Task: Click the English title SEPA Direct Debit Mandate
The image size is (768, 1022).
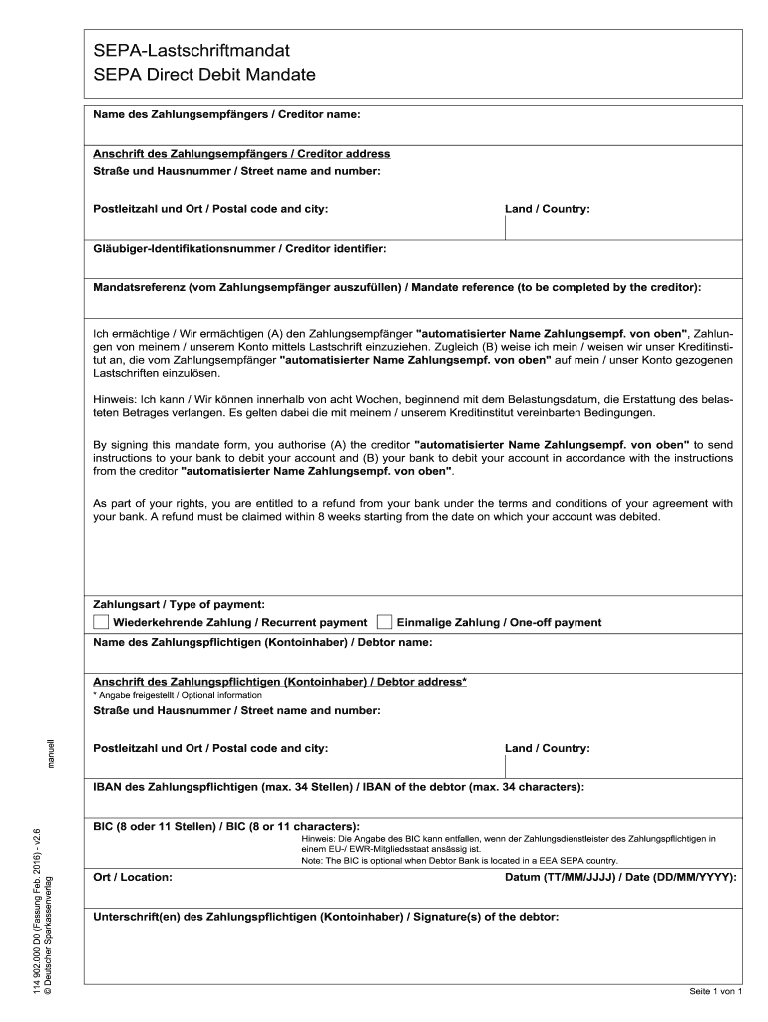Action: [203, 74]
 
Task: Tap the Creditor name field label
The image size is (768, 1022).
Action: [226, 115]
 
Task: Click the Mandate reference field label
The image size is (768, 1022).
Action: [397, 287]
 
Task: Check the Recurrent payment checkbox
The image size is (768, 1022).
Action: [101, 621]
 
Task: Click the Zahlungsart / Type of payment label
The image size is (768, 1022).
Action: [179, 604]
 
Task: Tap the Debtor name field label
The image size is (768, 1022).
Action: [262, 642]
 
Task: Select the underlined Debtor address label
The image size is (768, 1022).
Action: [279, 681]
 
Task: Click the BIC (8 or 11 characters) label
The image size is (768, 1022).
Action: [226, 827]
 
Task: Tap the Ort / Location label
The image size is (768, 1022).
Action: [133, 877]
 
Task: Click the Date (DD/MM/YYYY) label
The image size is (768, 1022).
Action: [621, 877]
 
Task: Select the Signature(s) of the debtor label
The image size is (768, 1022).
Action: [325, 916]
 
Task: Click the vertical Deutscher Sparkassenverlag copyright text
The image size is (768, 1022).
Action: [59, 934]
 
